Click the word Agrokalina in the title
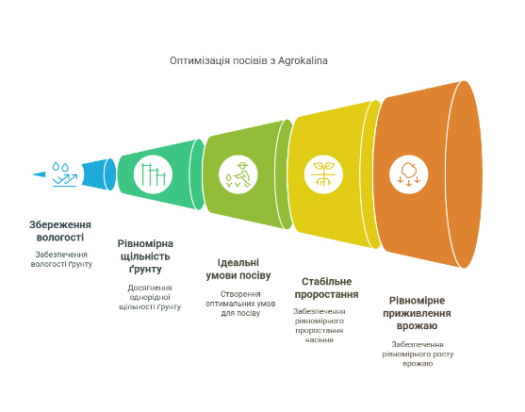pos(303,61)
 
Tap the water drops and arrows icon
pos(65,174)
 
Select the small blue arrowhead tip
pos(39,174)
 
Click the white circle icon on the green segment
pos(153,174)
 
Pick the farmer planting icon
pos(238,174)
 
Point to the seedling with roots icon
pos(323,174)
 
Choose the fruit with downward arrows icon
pos(408,174)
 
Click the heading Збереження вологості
pos(60,231)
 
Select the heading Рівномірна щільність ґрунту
pos(145,256)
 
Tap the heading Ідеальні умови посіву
pos(238,269)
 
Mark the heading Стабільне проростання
pos(326,288)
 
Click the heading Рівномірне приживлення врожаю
pos(417,313)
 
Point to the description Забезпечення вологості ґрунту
pos(61,259)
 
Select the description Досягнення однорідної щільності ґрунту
pos(150,297)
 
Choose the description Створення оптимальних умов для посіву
pos(240,304)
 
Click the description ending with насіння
pos(320,325)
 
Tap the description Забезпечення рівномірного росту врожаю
pos(418,354)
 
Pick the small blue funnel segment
pos(98,174)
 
